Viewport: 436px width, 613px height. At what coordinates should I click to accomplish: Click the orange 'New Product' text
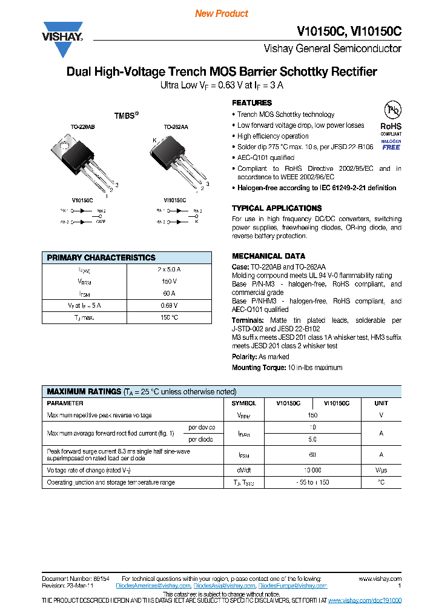(222, 13)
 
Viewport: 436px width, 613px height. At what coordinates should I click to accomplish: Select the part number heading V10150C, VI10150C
(349, 31)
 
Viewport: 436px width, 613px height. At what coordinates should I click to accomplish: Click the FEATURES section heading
(252, 103)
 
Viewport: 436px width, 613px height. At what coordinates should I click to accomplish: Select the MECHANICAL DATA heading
(268, 256)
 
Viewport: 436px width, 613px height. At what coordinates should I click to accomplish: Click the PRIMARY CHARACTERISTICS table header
(101, 257)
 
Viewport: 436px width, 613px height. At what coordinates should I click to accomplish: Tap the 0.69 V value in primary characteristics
(170, 305)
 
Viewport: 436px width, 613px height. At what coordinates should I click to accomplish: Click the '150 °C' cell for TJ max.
(170, 317)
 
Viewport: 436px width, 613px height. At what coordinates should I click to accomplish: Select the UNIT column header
(381, 403)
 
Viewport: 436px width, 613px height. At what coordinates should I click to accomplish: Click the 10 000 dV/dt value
(312, 470)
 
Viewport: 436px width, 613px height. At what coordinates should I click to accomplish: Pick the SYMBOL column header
(244, 403)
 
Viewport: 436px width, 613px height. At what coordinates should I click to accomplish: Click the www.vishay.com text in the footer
(380, 578)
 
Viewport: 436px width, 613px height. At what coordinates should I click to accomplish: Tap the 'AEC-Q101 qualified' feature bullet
(265, 157)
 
